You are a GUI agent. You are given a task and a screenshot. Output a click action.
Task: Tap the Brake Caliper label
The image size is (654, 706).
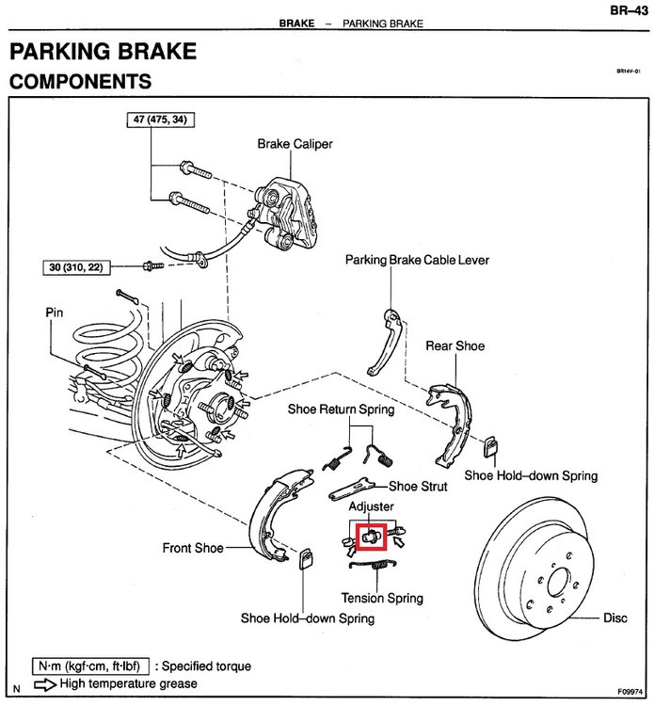(x=295, y=144)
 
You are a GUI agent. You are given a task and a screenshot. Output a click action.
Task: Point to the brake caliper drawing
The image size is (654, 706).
(x=286, y=213)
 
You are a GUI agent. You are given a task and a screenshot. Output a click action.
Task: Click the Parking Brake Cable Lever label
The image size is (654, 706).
(x=417, y=260)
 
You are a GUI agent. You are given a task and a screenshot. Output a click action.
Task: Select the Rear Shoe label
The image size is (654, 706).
(x=455, y=345)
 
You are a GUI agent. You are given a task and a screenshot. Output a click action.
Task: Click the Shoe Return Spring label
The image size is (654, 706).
(x=341, y=409)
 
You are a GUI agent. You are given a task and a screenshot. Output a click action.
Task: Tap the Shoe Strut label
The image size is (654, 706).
(x=418, y=487)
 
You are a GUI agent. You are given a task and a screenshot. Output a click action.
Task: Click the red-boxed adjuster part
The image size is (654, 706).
(x=372, y=537)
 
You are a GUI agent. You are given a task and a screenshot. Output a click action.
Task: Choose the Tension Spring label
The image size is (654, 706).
(x=382, y=598)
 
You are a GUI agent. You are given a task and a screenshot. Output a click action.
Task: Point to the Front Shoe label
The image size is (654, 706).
(x=193, y=548)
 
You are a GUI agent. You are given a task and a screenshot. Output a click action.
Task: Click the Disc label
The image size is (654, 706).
(x=614, y=618)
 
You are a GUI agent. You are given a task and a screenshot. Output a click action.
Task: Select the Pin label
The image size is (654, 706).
(x=54, y=313)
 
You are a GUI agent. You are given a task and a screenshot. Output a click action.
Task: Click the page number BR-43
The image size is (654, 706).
(x=629, y=10)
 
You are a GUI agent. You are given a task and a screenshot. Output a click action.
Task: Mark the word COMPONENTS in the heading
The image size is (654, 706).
(x=81, y=82)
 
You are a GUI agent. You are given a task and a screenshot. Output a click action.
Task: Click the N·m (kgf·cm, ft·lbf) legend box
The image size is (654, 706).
(x=90, y=666)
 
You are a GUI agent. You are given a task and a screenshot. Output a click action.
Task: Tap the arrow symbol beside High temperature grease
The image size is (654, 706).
(x=45, y=684)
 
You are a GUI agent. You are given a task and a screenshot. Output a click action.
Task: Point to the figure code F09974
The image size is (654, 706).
(x=630, y=692)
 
